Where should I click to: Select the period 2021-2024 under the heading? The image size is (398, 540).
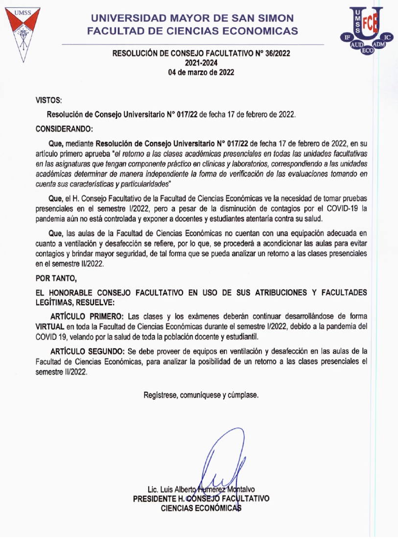[x=201, y=62]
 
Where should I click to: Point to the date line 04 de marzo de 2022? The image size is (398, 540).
[x=201, y=72]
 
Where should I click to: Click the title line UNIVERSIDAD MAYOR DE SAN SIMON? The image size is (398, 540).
[x=192, y=19]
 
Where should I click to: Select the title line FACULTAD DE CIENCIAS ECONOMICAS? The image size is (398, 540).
[x=192, y=31]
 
